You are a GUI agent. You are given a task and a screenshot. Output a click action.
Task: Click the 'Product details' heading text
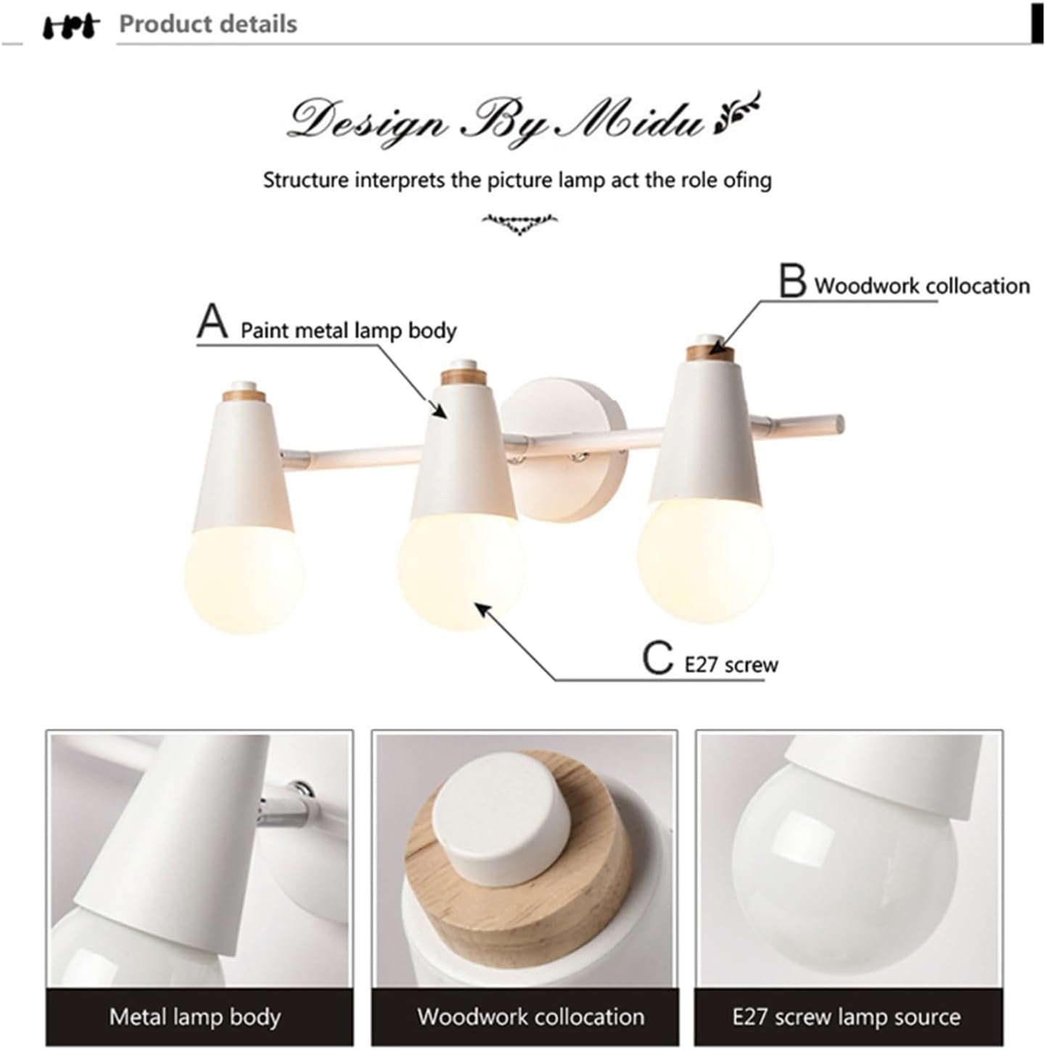(208, 24)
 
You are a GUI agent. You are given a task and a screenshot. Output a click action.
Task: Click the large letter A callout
(213, 322)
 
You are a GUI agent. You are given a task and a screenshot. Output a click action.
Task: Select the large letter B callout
(792, 281)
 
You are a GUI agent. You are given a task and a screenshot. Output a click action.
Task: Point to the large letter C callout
(657, 658)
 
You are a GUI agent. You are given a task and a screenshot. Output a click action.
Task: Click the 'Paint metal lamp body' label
(348, 331)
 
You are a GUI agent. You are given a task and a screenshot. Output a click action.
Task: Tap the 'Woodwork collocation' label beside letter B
(921, 286)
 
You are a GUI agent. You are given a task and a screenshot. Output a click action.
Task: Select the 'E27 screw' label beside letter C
(731, 664)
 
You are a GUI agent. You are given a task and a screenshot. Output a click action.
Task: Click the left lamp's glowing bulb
(244, 578)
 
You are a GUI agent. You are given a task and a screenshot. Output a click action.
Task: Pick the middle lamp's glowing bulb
(461, 569)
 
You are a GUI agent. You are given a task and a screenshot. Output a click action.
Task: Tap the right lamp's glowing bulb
(704, 560)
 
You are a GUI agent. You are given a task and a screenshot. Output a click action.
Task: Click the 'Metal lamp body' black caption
(195, 1017)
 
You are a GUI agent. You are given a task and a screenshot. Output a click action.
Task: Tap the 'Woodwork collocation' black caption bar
(530, 1017)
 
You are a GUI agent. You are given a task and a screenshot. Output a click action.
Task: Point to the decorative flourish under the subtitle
(519, 223)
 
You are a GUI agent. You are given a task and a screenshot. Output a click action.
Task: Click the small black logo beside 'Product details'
(70, 26)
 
